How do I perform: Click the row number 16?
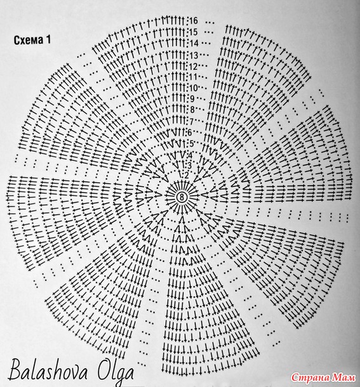point(194,21)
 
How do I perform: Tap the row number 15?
point(194,32)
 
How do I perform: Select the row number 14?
point(194,43)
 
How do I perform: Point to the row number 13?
point(194,55)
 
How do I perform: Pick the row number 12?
point(194,67)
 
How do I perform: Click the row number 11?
point(194,77)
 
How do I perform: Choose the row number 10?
point(194,88)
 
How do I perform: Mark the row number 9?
point(192,98)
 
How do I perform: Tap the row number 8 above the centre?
point(192,109)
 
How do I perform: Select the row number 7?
point(192,121)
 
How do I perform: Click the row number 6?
point(190,133)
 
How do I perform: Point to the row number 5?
point(192,143)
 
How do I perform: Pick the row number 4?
point(190,155)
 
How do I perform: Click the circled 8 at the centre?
point(182,197)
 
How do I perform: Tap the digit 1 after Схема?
point(48,40)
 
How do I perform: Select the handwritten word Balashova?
point(48,371)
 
